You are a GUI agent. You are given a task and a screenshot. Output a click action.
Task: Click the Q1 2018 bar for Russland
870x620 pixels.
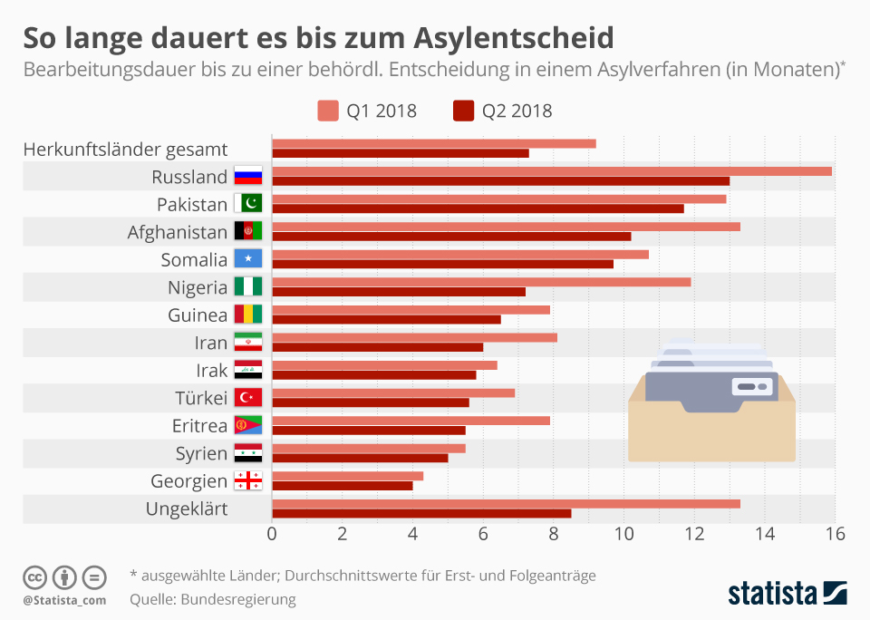(551, 170)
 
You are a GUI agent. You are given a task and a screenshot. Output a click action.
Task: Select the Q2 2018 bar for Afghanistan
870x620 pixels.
(451, 237)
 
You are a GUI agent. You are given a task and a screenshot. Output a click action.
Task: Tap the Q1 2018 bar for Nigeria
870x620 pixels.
(481, 281)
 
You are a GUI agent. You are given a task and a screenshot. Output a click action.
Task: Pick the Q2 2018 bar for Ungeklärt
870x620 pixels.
(421, 513)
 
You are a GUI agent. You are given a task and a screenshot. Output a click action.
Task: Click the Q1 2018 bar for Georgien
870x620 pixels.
(347, 475)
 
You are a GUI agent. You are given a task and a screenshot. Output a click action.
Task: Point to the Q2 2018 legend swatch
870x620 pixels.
(462, 111)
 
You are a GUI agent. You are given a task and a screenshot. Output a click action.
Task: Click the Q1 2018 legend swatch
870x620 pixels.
(327, 111)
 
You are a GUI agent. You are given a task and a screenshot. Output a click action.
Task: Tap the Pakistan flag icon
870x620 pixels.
(248, 204)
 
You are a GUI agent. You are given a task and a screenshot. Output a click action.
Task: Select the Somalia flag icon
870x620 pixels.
(248, 259)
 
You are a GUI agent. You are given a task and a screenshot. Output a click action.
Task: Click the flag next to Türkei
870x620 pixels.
(248, 397)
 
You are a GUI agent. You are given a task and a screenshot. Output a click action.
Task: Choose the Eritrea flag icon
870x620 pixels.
(248, 425)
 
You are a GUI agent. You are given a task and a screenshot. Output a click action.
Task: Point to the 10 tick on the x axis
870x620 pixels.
(623, 534)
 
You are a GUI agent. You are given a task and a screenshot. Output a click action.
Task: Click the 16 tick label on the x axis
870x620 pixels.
(834, 534)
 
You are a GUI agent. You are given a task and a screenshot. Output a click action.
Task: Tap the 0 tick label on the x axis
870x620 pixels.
(272, 534)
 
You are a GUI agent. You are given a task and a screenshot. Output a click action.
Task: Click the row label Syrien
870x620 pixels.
(201, 453)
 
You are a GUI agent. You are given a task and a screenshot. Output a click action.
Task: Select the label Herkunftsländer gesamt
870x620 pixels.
(125, 150)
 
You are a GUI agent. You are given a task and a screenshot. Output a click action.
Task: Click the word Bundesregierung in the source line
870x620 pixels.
(238, 599)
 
